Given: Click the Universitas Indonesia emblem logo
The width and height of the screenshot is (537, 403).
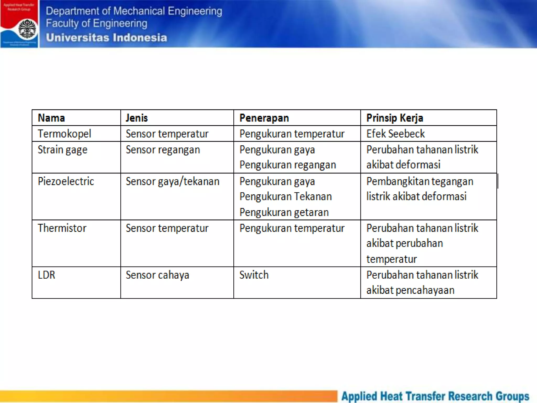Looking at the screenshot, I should pyautogui.click(x=27, y=29).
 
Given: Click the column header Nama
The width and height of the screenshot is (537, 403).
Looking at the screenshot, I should pyautogui.click(x=51, y=118).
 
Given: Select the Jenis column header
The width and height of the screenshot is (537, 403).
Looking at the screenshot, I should pyautogui.click(x=137, y=118).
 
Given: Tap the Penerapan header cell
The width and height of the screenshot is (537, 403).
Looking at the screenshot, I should pyautogui.click(x=264, y=118).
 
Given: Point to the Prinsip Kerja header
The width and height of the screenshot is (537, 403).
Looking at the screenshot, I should pyautogui.click(x=395, y=118).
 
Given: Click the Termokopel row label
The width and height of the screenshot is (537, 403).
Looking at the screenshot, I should pyautogui.click(x=64, y=134).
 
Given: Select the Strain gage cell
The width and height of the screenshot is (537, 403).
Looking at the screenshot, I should pyautogui.click(x=62, y=150).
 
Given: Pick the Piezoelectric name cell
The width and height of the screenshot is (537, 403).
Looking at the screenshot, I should pyautogui.click(x=66, y=181).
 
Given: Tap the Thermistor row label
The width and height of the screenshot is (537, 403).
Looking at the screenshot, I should pyautogui.click(x=62, y=228).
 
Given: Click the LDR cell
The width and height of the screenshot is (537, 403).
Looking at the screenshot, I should pyautogui.click(x=46, y=275).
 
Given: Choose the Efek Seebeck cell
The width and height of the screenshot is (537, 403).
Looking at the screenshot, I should pyautogui.click(x=395, y=134).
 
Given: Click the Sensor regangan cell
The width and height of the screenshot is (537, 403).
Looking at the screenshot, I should pyautogui.click(x=163, y=150).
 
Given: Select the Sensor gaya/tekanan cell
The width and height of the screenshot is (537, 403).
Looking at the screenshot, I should pyautogui.click(x=173, y=181).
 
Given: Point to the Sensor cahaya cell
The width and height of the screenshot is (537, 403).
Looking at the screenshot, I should pyautogui.click(x=157, y=275).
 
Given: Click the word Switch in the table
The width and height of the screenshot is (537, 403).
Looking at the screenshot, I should pyautogui.click(x=254, y=275).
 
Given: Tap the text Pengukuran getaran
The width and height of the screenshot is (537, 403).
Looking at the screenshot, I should pyautogui.click(x=284, y=212).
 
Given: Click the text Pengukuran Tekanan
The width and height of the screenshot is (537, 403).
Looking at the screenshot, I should pyautogui.click(x=286, y=197).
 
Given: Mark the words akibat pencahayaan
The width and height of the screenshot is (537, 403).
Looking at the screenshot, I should pyautogui.click(x=410, y=290).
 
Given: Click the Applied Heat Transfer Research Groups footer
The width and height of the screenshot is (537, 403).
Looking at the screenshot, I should pyautogui.click(x=435, y=396).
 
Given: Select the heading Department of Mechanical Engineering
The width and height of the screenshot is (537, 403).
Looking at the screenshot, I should pyautogui.click(x=134, y=11).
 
